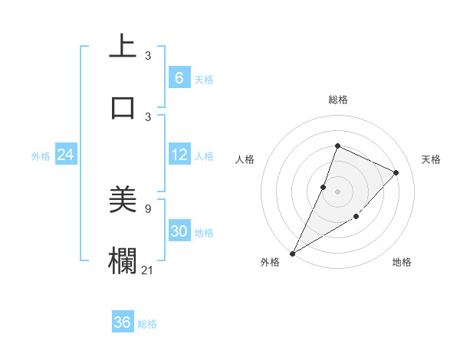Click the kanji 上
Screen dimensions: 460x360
[x=123, y=47]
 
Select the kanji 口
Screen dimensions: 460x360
[x=123, y=108]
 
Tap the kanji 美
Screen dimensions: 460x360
[x=123, y=200]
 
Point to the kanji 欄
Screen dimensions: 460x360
[x=123, y=261]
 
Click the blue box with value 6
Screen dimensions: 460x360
[x=179, y=77]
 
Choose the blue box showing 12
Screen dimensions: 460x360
[x=179, y=155]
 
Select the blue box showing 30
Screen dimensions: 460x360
[x=179, y=231]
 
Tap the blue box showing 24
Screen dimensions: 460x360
[x=65, y=155]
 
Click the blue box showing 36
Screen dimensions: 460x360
[x=123, y=322]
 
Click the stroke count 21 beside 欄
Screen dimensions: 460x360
[x=148, y=270]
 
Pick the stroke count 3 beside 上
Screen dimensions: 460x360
[x=148, y=55]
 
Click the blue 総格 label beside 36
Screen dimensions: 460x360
[x=148, y=323]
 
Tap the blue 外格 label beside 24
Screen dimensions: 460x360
[x=41, y=155]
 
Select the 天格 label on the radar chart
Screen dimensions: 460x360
[x=431, y=159]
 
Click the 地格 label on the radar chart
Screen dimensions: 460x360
[x=402, y=262]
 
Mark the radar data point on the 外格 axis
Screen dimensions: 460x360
[x=292, y=253]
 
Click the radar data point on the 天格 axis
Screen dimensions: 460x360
[x=396, y=172]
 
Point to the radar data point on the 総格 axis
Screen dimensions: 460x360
[x=337, y=146]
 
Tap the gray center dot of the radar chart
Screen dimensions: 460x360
[x=337, y=191]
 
